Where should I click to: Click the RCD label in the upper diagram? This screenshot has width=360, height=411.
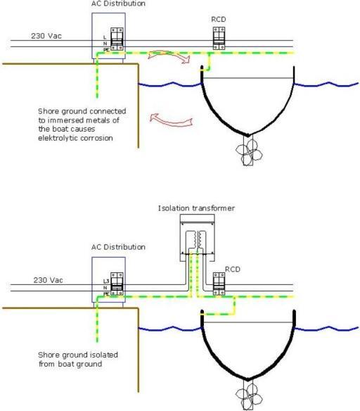(x=219, y=20)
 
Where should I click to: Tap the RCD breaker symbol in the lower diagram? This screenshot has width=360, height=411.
(x=219, y=284)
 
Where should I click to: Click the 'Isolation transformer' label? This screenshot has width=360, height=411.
(x=196, y=208)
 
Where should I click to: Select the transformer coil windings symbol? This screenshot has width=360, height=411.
(x=198, y=239)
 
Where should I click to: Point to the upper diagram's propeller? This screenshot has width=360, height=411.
(x=249, y=153)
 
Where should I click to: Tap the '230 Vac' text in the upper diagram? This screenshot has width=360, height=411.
(x=46, y=36)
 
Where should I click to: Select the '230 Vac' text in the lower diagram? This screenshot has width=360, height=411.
(x=49, y=280)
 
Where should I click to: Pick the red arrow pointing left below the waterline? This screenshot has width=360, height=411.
(x=171, y=120)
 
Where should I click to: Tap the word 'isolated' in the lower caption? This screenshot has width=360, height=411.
(x=104, y=355)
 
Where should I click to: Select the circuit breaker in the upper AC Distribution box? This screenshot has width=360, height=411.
(x=117, y=39)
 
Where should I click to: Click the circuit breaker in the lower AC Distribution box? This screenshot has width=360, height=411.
(x=117, y=284)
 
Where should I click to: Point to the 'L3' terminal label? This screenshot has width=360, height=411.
(x=106, y=282)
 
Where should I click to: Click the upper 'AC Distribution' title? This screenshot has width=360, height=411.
(x=118, y=4)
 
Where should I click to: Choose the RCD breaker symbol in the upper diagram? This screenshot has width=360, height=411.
(x=219, y=38)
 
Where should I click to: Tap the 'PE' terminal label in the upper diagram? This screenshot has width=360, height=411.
(x=106, y=49)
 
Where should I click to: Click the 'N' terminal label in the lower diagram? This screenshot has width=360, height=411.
(x=105, y=288)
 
